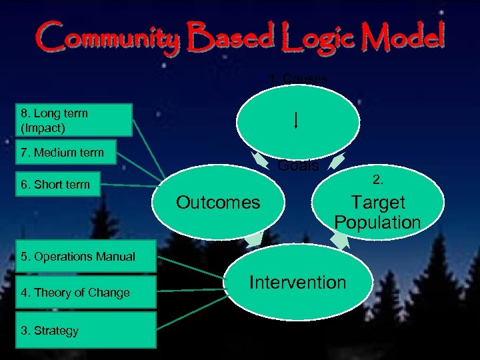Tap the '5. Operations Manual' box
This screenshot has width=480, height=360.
tap(78, 257)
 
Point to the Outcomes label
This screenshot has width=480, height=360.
tap(218, 203)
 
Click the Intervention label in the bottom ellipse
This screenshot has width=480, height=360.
tap(297, 283)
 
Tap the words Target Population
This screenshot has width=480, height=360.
tap(377, 212)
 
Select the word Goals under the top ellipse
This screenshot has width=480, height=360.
tap(298, 166)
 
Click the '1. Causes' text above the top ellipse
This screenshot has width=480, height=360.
tap(297, 79)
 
